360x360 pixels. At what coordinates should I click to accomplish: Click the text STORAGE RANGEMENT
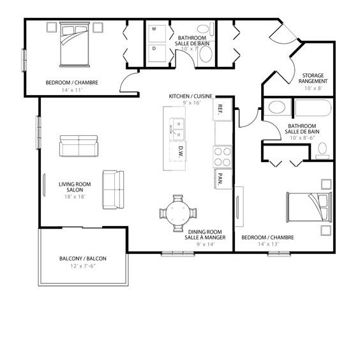pyautogui.click(x=314, y=79)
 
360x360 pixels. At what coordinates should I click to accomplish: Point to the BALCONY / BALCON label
pyautogui.click(x=82, y=259)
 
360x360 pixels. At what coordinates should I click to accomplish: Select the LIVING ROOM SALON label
pyautogui.click(x=71, y=188)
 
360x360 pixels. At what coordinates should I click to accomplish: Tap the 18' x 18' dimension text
pyautogui.click(x=71, y=197)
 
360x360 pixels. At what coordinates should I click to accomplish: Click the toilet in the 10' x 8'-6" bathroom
pyautogui.click(x=322, y=151)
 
